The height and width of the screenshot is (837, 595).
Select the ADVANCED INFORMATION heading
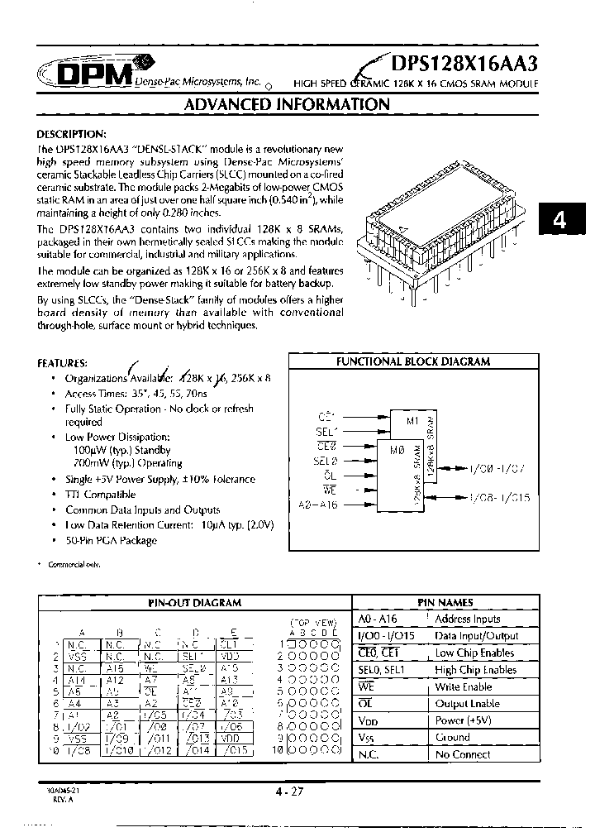[x=286, y=105]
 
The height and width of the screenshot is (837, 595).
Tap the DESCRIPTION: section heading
[x=72, y=134]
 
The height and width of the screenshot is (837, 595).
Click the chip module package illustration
[x=445, y=216]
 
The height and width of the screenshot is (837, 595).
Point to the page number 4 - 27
[x=291, y=792]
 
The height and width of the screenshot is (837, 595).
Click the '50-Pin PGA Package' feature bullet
[x=111, y=540]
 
